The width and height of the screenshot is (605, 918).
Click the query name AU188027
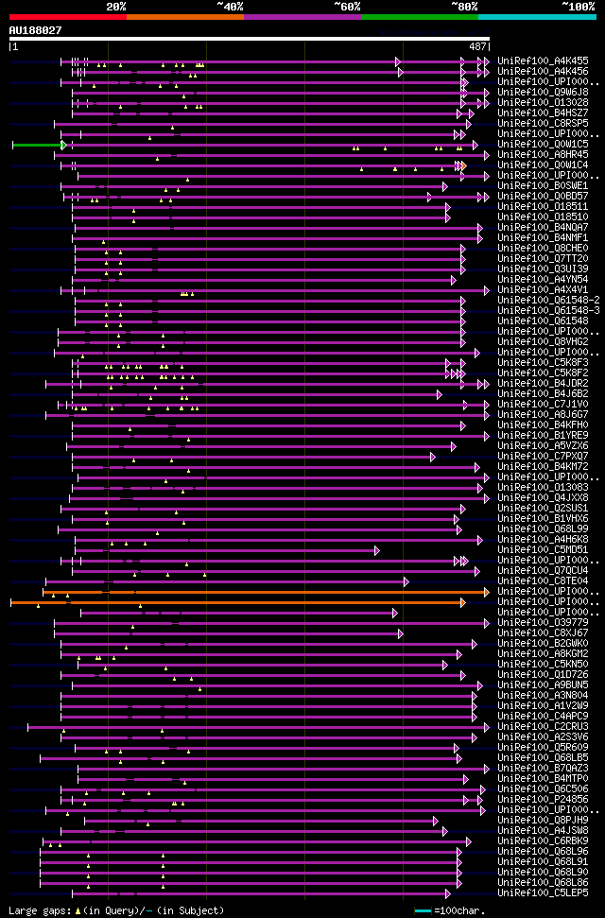pos(35,30)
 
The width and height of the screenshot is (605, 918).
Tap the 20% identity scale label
pos(116,6)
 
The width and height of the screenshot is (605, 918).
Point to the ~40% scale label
pos(230,6)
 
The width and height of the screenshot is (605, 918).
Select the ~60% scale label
pos(347,6)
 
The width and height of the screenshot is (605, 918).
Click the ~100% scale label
pos(578,6)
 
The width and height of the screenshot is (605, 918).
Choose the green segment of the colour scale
pos(419,17)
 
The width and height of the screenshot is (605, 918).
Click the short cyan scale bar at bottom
pos(423,910)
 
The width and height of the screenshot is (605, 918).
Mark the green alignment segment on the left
pos(37,145)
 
